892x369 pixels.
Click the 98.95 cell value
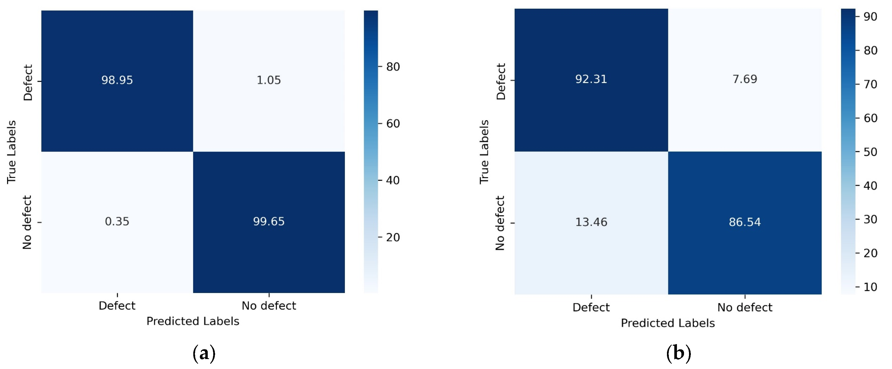tap(117, 80)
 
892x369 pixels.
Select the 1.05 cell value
tap(269, 80)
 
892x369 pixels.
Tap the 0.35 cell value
tap(117, 221)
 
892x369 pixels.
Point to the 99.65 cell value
tap(269, 221)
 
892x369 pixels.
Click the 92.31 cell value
tap(591, 79)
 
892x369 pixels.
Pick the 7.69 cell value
tap(745, 79)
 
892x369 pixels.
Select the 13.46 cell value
tap(591, 222)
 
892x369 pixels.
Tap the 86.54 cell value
tap(745, 222)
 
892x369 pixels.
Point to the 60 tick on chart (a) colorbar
tap(393, 124)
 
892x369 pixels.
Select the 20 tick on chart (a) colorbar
tap(393, 237)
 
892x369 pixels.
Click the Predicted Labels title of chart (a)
tap(193, 321)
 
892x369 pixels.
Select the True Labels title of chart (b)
tap(484, 152)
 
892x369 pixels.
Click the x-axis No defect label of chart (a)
tap(269, 306)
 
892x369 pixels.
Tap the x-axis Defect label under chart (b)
tap(591, 307)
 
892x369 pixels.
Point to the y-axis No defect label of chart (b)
tap(500, 223)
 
